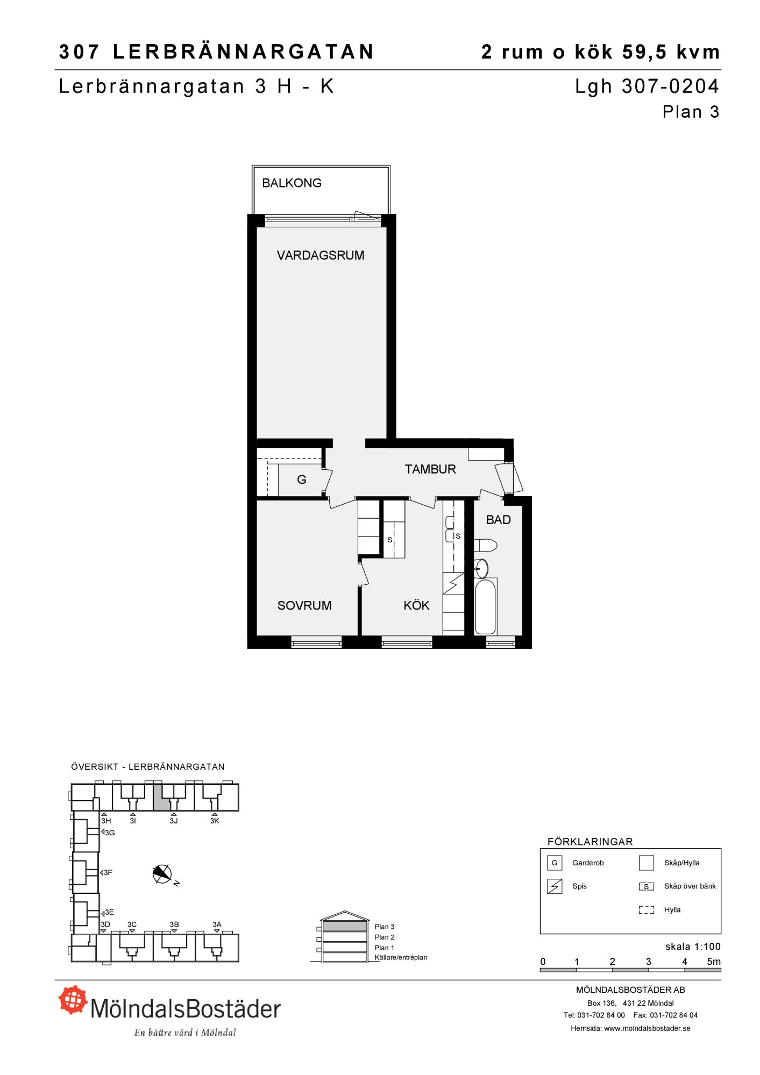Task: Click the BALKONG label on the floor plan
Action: point(292,183)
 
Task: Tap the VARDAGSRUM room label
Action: point(321,255)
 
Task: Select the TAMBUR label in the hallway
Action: point(430,469)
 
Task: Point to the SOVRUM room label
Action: point(304,606)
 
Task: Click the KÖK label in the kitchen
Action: point(416,606)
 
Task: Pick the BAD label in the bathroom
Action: point(499,520)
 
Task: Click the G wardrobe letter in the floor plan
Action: point(302,479)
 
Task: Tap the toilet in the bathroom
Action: point(486,545)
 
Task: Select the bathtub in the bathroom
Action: point(486,606)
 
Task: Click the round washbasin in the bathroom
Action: point(481,568)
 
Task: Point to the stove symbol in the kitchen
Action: point(453,583)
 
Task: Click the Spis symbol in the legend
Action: point(555,886)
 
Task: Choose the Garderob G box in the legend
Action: point(555,863)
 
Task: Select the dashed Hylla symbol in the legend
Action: point(647,910)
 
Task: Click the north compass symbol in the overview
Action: point(162,875)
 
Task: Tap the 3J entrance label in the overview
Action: point(174,821)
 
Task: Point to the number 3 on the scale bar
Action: point(649,962)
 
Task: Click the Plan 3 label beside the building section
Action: point(385,927)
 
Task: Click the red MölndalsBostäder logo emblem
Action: point(73,999)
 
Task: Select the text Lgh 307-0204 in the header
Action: point(647,87)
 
